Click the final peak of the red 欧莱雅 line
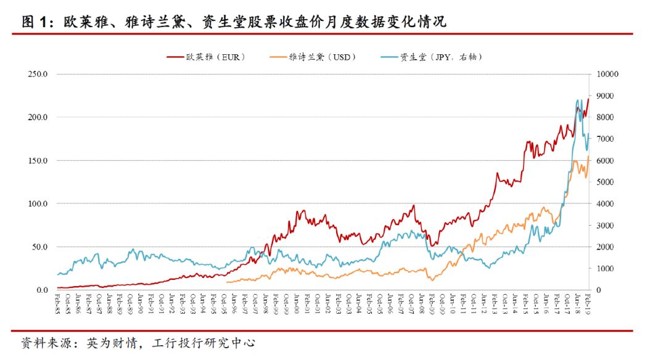point(588,99)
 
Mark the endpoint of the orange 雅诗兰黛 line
point(589,157)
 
